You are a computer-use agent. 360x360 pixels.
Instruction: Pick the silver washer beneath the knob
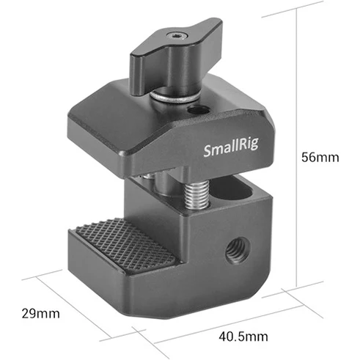point(176,94)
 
